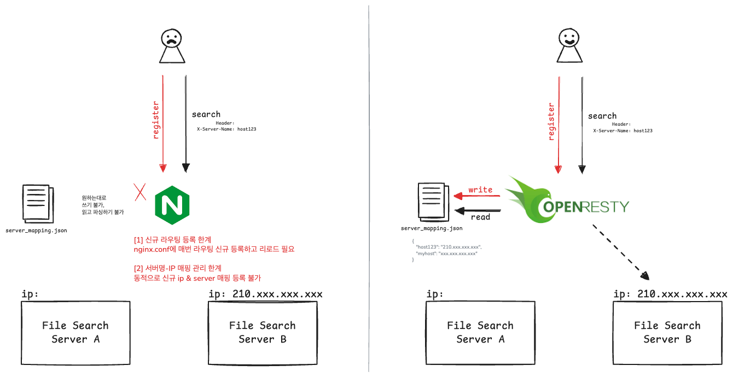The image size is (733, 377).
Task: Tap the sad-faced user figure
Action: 171,46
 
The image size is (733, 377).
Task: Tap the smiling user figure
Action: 568,46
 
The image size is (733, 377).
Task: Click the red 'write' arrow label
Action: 480,190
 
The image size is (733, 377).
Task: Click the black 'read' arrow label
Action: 480,217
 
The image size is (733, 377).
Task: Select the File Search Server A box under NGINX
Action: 75,332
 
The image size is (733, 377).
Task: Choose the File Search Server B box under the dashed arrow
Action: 667,332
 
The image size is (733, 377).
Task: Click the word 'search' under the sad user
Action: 206,114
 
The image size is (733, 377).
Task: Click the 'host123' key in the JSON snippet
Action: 427,247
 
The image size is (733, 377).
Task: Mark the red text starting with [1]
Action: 214,244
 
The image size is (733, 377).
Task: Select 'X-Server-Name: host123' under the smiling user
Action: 623,131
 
